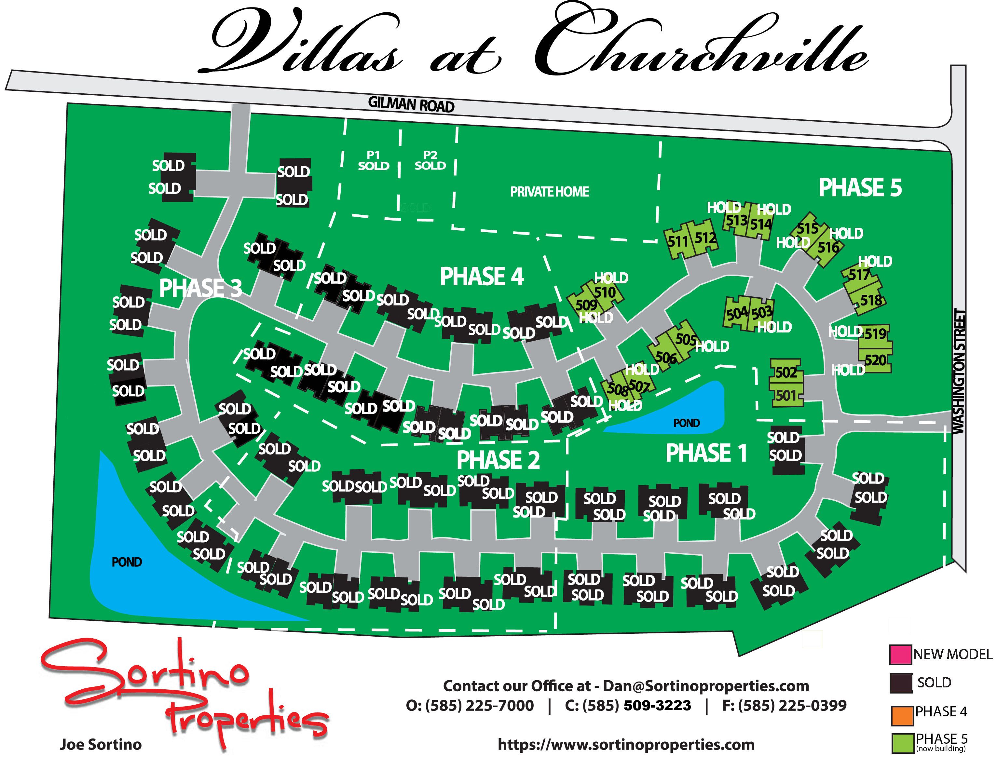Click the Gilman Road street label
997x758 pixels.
click(x=411, y=105)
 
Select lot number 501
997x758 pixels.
click(x=786, y=396)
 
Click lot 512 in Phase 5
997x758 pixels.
click(x=705, y=238)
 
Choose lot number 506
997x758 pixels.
click(x=666, y=357)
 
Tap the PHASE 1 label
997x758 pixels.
click(x=706, y=453)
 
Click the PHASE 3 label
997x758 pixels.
click(x=200, y=288)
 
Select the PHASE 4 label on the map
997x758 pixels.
click(x=482, y=277)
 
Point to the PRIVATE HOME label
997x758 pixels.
click(x=549, y=192)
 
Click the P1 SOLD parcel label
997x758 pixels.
click(x=373, y=161)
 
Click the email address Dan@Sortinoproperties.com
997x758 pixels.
click(x=706, y=686)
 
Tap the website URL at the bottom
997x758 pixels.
click(x=626, y=744)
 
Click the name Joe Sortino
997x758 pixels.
click(x=101, y=744)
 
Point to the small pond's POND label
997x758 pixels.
click(x=687, y=423)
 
